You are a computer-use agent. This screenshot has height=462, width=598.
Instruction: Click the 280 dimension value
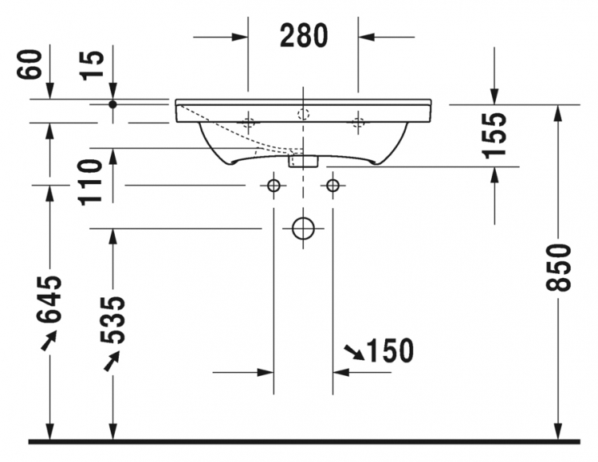coord(304,35)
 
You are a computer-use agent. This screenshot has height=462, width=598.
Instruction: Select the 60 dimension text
coord(30,65)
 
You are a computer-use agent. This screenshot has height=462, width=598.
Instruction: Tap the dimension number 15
coord(92,65)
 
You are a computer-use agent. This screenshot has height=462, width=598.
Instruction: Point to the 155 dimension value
coord(494,135)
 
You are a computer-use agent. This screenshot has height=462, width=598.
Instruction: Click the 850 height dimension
coord(559,268)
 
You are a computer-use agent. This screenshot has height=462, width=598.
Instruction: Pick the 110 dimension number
coord(90,182)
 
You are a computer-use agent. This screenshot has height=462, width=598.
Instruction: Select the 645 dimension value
coord(49,299)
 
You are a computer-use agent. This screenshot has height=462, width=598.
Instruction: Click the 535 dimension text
coord(112,320)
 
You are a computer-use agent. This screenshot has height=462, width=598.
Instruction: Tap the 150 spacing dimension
coord(390,350)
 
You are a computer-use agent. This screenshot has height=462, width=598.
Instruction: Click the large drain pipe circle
coord(303,229)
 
